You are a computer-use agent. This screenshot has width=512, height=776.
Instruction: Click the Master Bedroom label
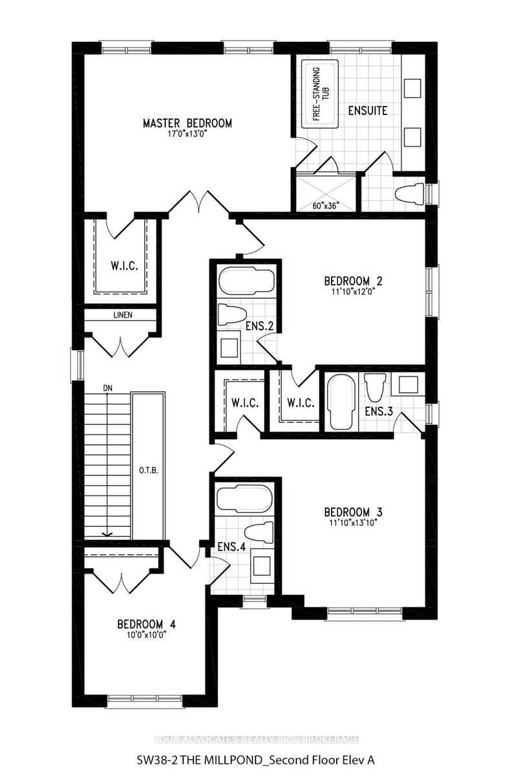[187, 123]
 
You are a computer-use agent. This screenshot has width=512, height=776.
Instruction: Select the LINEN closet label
[122, 315]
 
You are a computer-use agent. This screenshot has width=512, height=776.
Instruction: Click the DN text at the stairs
[108, 387]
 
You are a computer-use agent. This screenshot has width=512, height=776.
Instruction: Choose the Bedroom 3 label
[354, 512]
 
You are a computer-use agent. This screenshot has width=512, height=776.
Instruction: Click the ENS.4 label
[232, 546]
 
